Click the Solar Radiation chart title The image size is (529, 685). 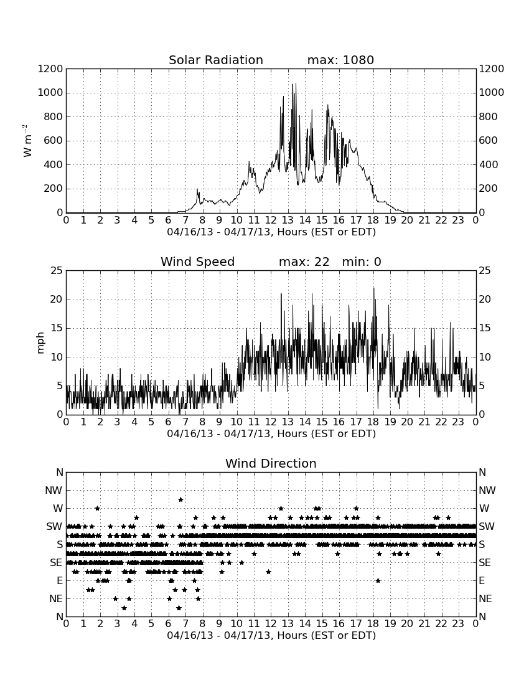(216, 60)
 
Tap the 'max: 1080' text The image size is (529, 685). (340, 60)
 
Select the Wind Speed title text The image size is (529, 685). (198, 262)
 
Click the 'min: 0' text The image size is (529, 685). (362, 262)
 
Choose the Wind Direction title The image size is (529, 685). (271, 463)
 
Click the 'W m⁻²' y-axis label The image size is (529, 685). (27, 141)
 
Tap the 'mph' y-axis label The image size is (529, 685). (40, 343)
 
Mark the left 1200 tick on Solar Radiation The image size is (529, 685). (50, 69)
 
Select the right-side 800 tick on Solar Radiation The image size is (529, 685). (488, 116)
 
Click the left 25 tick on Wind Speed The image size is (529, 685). (57, 271)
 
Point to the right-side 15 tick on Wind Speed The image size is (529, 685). (485, 328)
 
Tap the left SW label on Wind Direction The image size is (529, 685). (54, 526)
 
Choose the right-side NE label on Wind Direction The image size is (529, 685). (485, 598)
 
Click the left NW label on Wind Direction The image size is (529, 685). (54, 490)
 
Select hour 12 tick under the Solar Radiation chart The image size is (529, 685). (271, 220)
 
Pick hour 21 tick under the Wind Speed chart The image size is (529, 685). (424, 422)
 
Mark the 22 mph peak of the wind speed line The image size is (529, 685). (373, 288)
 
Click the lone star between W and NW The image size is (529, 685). (180, 499)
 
